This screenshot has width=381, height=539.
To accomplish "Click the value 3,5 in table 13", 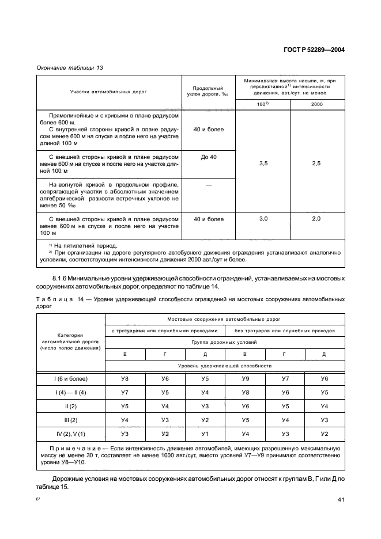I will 263,164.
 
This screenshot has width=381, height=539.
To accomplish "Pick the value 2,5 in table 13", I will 316,164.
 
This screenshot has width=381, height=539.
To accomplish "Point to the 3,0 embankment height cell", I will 263,219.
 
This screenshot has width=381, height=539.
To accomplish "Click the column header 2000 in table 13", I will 316,104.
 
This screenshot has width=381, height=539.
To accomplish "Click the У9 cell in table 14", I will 245,378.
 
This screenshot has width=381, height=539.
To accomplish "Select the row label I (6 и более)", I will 70,378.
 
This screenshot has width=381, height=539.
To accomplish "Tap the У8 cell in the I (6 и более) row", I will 125,378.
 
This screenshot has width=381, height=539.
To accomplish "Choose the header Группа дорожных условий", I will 224,342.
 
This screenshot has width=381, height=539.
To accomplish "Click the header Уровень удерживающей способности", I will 224,366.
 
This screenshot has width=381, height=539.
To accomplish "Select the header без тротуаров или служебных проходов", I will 284,331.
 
